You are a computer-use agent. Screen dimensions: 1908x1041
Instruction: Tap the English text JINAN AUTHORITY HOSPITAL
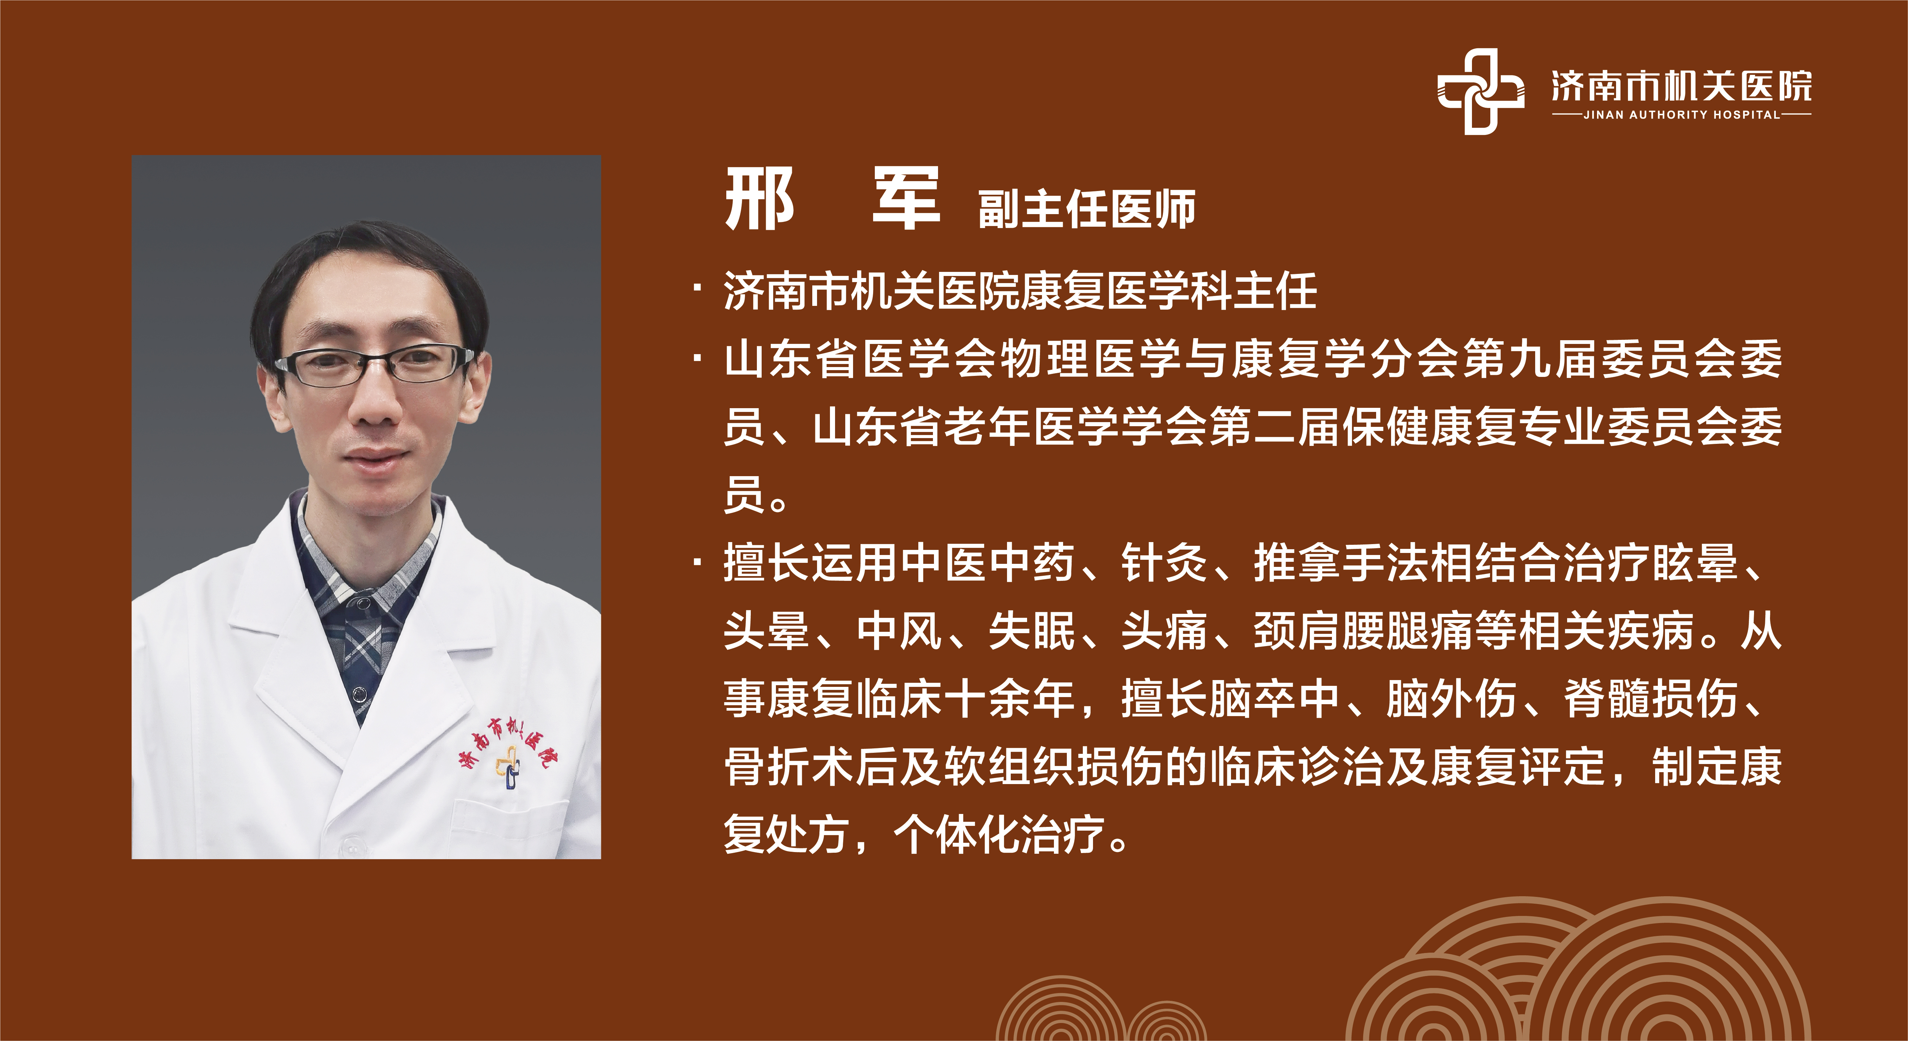pos(1681,115)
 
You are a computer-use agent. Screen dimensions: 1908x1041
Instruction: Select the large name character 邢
pos(759,198)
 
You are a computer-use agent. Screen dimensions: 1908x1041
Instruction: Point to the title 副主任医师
pos(1087,209)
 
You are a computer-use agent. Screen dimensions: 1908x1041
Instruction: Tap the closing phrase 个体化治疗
pos(1000,835)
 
